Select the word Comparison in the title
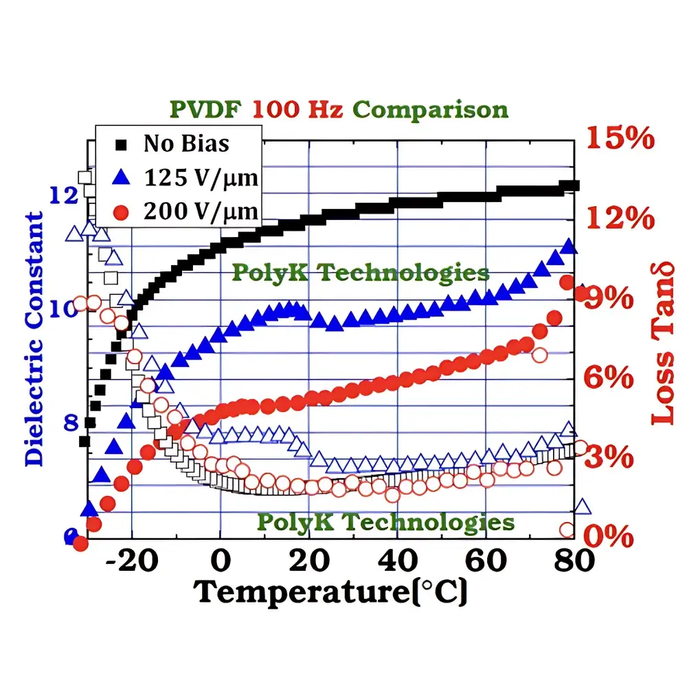click(x=432, y=109)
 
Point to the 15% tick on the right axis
click(x=620, y=139)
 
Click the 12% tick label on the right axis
click(x=620, y=219)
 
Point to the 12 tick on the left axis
click(x=65, y=195)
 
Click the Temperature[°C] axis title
click(x=332, y=592)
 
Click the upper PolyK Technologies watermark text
click(x=360, y=272)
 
